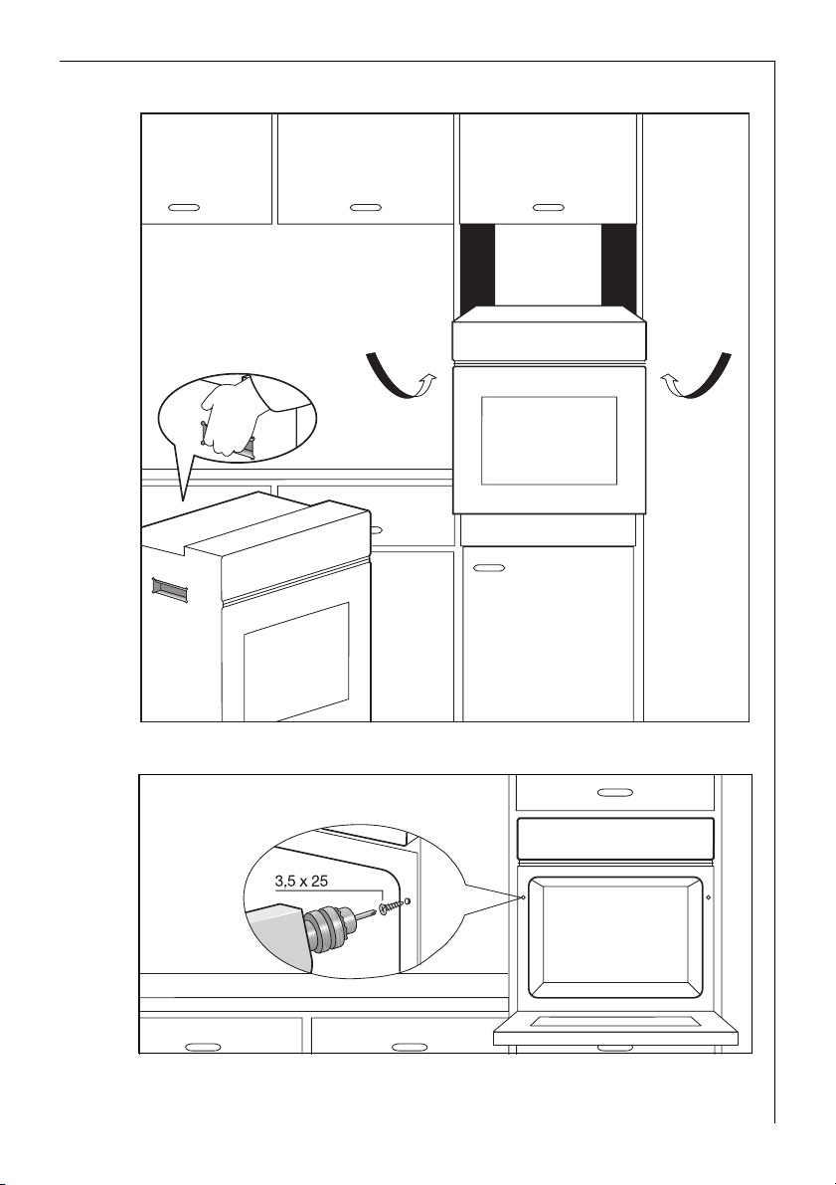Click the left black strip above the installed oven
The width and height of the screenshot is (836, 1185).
477,266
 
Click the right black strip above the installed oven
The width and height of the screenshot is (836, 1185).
618,266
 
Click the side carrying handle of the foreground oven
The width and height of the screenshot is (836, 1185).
170,590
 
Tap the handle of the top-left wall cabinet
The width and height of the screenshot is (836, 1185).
182,208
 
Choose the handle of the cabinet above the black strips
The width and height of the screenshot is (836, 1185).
548,208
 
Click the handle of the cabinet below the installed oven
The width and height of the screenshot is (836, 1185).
488,568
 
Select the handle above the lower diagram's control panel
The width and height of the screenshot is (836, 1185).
615,793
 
